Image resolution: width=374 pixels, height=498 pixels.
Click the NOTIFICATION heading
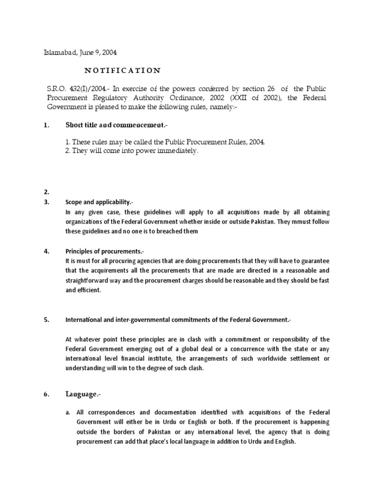tap(122, 71)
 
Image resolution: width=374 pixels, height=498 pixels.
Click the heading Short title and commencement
tap(116, 125)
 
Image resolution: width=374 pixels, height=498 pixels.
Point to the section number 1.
tap(46, 125)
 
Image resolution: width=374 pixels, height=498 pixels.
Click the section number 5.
tap(46, 320)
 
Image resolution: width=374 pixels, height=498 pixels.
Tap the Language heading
tap(85, 394)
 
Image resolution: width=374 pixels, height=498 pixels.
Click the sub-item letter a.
tap(68, 412)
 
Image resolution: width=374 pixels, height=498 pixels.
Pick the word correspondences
tap(109, 412)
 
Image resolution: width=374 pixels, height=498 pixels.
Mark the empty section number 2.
tap(46, 192)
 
